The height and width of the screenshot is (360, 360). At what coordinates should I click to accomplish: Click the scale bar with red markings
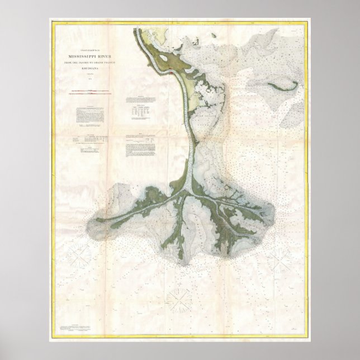[90, 93]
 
